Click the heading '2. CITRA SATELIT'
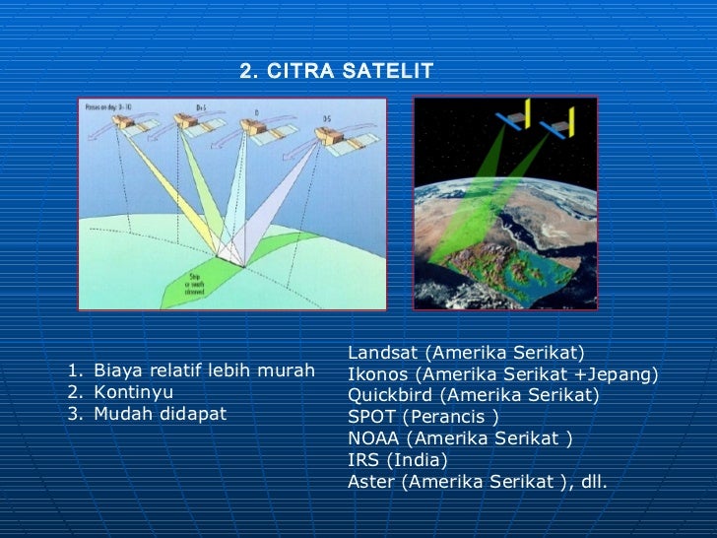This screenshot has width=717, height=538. (337, 71)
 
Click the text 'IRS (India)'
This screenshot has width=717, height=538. (397, 461)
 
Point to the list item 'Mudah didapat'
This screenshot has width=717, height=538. (160, 414)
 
